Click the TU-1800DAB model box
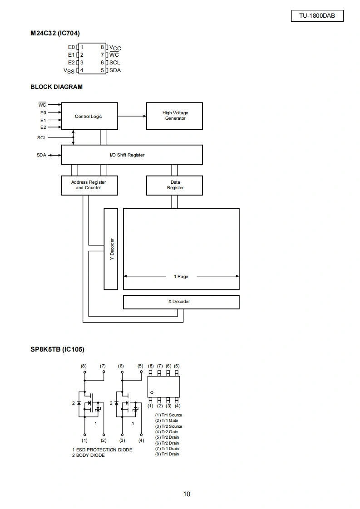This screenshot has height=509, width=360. pyautogui.click(x=317, y=15)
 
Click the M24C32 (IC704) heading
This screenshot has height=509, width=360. pyautogui.click(x=55, y=33)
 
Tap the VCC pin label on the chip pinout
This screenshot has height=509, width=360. pyautogui.click(x=115, y=48)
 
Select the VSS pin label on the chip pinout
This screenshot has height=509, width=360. pyautogui.click(x=69, y=70)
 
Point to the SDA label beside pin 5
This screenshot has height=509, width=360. pyautogui.click(x=115, y=70)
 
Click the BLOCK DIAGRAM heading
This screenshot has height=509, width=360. pyautogui.click(x=57, y=87)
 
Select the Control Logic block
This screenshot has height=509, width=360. pyautogui.click(x=90, y=116)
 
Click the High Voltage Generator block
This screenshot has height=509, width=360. pyautogui.click(x=174, y=116)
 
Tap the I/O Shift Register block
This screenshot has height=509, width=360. pyautogui.click(x=132, y=155)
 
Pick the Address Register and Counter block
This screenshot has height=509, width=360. pyautogui.click(x=90, y=186)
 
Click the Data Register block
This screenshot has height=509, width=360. pyautogui.click(x=174, y=186)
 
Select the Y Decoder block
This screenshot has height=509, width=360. pyautogui.click(x=111, y=249)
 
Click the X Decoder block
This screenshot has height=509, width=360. pyautogui.click(x=181, y=302)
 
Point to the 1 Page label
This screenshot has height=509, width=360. pyautogui.click(x=181, y=277)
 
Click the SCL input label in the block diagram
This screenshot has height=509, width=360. pyautogui.click(x=42, y=137)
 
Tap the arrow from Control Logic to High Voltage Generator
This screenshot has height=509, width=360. pyautogui.click(x=132, y=116)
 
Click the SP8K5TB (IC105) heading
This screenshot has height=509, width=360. pyautogui.click(x=57, y=349)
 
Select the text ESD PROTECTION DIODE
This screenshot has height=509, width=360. pyautogui.click(x=104, y=450)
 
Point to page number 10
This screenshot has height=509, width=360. pyautogui.click(x=187, y=494)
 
